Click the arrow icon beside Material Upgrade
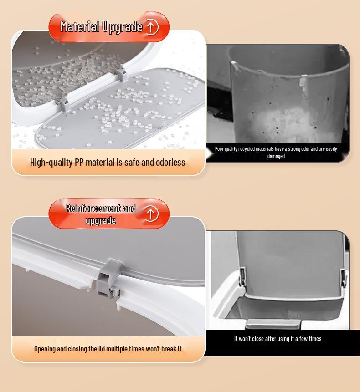point(151,26)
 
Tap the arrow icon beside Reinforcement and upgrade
point(151,213)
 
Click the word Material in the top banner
point(80,26)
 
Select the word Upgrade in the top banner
point(122,27)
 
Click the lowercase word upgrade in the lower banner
point(101,221)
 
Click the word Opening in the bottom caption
point(45,349)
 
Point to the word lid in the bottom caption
point(103,349)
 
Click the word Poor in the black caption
point(220,149)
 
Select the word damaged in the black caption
point(276,156)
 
